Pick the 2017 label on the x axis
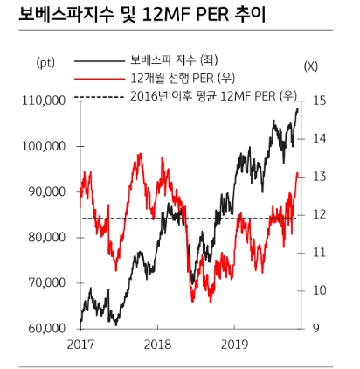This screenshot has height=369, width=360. point(80,345)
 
